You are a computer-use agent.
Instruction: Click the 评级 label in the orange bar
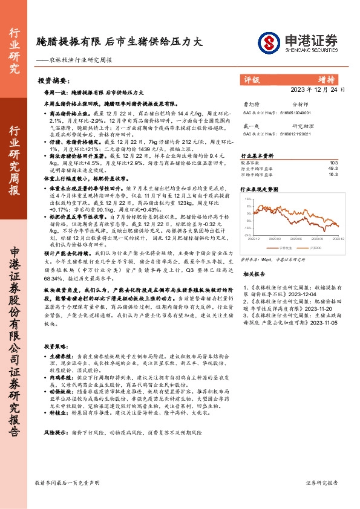pyautogui.click(x=251, y=79)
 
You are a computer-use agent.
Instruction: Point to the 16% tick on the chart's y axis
pyautogui.click(x=247, y=199)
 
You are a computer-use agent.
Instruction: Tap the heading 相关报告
pyautogui.click(x=254, y=274)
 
